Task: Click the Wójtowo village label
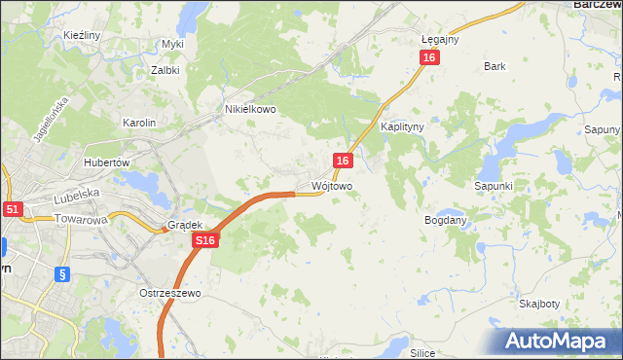[331, 185]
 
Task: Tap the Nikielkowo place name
[250, 110]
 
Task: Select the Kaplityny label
[401, 127]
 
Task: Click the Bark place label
[495, 67]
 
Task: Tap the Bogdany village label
[446, 221]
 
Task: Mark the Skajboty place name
[539, 304]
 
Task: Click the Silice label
[421, 352]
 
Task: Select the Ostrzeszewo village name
[168, 293]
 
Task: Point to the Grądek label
[184, 224]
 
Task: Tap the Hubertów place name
[107, 162]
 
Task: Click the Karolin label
[138, 123]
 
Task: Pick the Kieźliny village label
[82, 35]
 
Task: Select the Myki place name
[172, 45]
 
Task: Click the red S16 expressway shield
[203, 240]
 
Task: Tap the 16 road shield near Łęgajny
[430, 58]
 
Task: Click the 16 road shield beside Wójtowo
[342, 160]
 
